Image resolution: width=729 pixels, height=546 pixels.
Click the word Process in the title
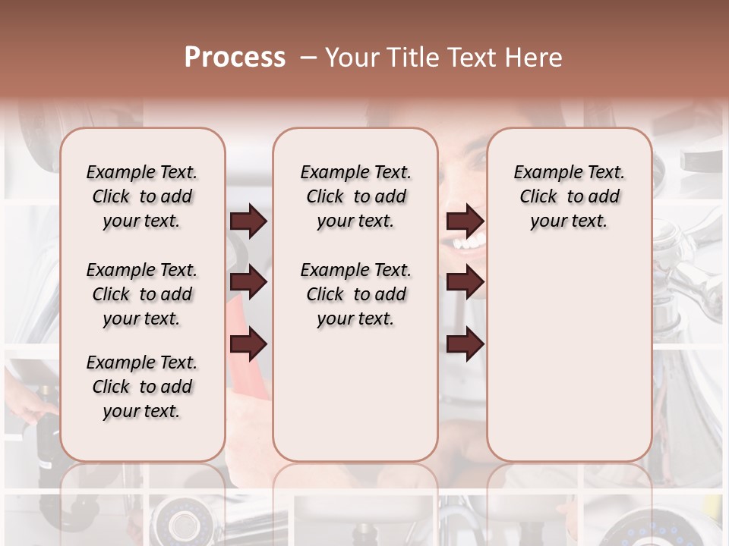tap(235, 58)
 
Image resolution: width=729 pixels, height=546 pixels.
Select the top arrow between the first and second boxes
tap(248, 221)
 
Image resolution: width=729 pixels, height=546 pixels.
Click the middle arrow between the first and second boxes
tap(248, 283)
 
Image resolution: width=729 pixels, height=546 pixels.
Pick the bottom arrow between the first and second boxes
tap(248, 344)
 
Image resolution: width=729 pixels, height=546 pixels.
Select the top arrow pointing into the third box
tap(465, 221)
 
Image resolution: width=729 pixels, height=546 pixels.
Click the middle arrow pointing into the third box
tap(465, 283)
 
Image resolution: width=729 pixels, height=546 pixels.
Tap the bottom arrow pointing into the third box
tap(465, 344)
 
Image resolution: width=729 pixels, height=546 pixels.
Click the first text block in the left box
tap(142, 197)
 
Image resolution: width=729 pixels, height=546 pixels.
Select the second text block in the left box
tap(142, 294)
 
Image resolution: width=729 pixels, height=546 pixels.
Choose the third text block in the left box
tap(142, 387)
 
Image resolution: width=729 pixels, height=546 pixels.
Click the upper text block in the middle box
tap(355, 197)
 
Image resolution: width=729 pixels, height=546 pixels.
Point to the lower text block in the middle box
tap(355, 294)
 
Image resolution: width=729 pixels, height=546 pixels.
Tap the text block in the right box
tap(569, 197)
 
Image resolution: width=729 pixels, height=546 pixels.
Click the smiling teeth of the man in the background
tap(467, 244)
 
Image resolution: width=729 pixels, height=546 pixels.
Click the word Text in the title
tap(472, 58)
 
